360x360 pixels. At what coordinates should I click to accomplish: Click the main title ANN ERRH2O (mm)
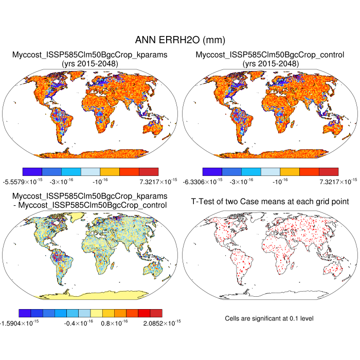(179, 40)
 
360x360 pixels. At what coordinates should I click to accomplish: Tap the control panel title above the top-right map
(270, 55)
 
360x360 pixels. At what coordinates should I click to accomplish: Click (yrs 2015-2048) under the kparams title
(90, 63)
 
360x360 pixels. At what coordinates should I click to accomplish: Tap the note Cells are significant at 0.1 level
(269, 319)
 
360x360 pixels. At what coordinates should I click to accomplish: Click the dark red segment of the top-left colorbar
(149, 171)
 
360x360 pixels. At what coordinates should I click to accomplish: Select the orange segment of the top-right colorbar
(290, 171)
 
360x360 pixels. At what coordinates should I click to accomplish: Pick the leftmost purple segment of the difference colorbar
(24, 313)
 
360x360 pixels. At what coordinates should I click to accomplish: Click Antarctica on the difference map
(93, 295)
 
